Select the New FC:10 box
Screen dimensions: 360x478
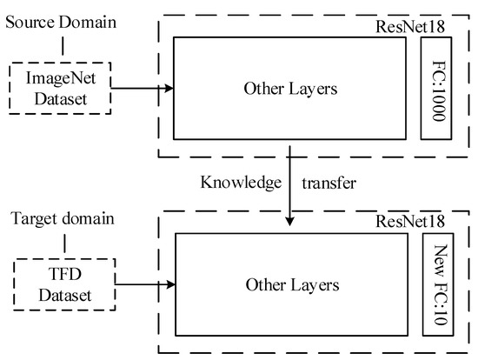[x=437, y=283]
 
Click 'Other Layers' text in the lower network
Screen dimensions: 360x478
[x=291, y=284]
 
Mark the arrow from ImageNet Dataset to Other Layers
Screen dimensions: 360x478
[x=143, y=85]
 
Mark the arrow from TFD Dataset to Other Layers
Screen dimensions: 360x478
[x=143, y=283]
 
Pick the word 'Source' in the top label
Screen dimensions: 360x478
[x=27, y=18]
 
